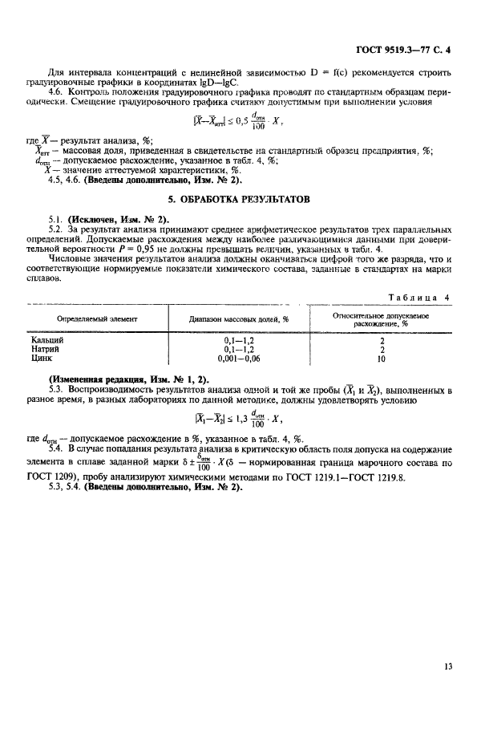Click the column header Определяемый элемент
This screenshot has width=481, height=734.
point(97,318)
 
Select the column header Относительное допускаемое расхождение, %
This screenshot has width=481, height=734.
point(382,318)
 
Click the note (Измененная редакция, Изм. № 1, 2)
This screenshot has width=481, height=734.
point(128,378)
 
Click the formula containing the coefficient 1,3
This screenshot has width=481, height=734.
point(240,417)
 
